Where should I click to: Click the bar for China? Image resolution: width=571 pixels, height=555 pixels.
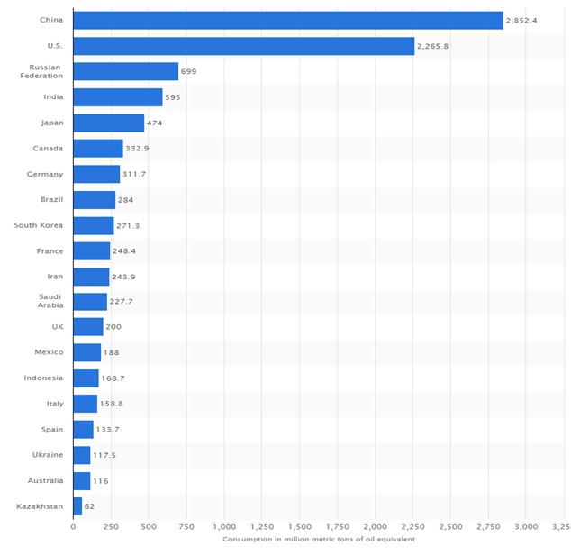click(287, 20)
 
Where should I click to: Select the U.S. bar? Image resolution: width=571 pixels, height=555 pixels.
click(243, 46)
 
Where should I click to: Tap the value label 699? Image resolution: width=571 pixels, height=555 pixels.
click(188, 71)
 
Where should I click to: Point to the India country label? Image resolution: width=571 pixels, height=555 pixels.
click(52, 97)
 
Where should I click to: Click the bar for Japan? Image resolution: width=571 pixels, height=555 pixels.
click(108, 123)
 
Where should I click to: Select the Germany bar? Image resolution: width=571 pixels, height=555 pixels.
click(96, 174)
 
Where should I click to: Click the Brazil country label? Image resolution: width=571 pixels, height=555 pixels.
click(50, 199)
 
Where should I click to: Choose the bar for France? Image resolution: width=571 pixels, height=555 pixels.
click(91, 250)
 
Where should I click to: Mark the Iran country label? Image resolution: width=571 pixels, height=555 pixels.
click(54, 276)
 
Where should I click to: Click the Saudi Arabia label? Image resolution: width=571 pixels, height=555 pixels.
click(50, 301)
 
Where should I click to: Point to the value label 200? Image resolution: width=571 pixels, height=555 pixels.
click(114, 327)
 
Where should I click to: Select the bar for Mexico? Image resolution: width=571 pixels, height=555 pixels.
click(86, 352)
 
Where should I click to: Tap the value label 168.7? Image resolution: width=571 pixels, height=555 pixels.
click(113, 378)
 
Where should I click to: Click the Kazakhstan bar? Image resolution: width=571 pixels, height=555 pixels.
click(77, 506)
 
